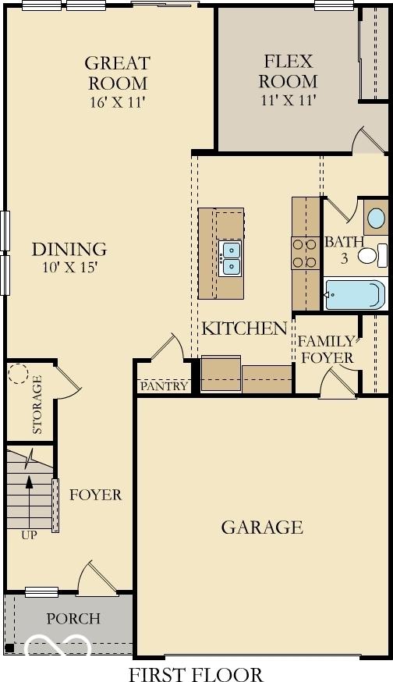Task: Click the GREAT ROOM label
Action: pyautogui.click(x=118, y=73)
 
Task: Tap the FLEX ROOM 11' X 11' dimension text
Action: pyautogui.click(x=289, y=100)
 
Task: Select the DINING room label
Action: pyautogui.click(x=69, y=249)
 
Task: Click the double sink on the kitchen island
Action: pyautogui.click(x=231, y=259)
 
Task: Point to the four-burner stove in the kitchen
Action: pyautogui.click(x=305, y=253)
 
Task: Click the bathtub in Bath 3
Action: pyautogui.click(x=356, y=294)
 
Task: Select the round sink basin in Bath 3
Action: pyautogui.click(x=376, y=218)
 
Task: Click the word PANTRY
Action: pyautogui.click(x=165, y=385)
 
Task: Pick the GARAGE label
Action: pyautogui.click(x=262, y=527)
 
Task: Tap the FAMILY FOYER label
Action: pyautogui.click(x=326, y=350)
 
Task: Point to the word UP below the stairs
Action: pyautogui.click(x=29, y=535)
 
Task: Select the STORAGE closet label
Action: pyautogui.click(x=37, y=404)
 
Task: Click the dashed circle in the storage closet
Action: pyautogui.click(x=18, y=373)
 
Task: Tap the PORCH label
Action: pyautogui.click(x=73, y=619)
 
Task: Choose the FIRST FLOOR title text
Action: pyautogui.click(x=196, y=675)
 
